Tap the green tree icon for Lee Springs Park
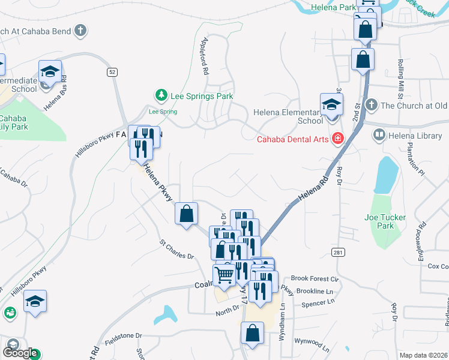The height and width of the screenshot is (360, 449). pyautogui.click(x=161, y=95)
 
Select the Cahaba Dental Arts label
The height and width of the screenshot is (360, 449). pyautogui.click(x=294, y=140)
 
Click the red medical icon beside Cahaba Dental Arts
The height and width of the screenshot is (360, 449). pyautogui.click(x=338, y=139)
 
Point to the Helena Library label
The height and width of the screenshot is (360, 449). pyautogui.click(x=415, y=136)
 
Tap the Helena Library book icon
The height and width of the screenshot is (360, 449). pyautogui.click(x=379, y=136)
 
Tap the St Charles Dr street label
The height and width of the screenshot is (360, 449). pyautogui.click(x=176, y=250)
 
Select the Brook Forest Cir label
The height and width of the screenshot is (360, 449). pyautogui.click(x=315, y=278)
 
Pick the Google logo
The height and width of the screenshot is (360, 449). pyautogui.click(x=20, y=352)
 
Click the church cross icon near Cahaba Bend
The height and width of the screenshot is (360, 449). pyautogui.click(x=80, y=31)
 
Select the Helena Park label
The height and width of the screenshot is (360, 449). pyautogui.click(x=334, y=8)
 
